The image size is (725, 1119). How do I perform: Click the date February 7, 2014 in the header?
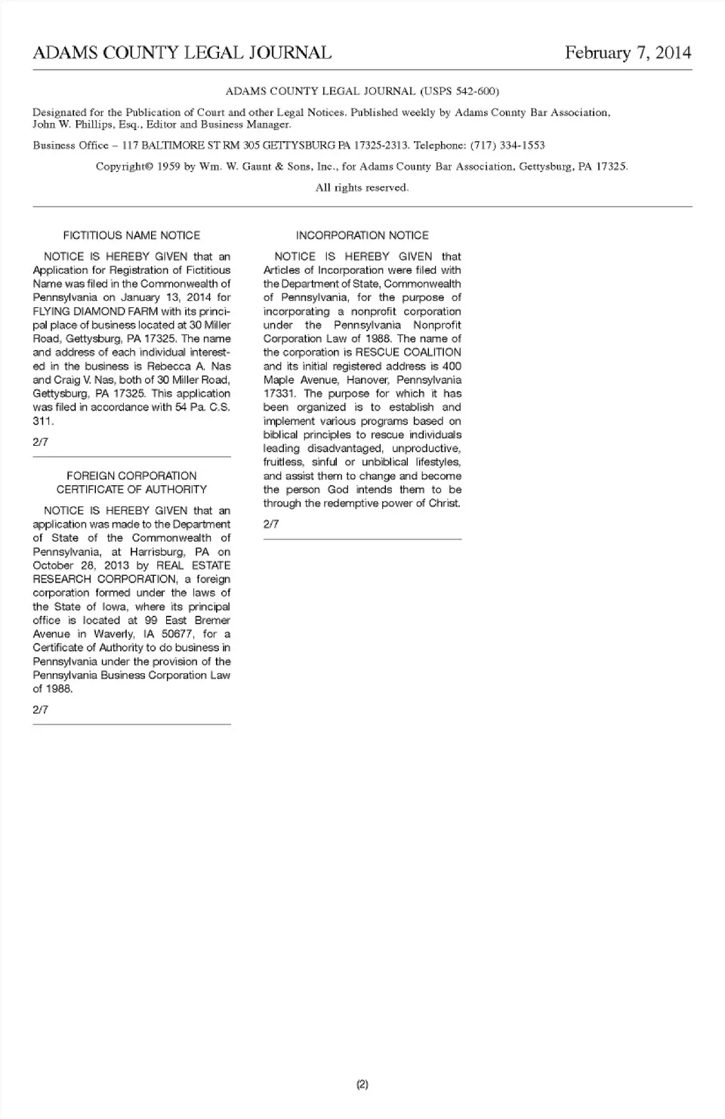[x=628, y=53]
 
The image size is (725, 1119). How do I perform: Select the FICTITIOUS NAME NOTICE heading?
[x=131, y=235]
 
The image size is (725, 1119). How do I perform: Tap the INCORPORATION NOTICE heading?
[x=362, y=235]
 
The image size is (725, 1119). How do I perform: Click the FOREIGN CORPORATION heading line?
[x=131, y=476]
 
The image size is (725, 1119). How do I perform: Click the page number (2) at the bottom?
[x=362, y=1085]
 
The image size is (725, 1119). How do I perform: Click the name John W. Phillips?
[x=72, y=125]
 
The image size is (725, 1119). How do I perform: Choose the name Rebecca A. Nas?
[x=189, y=366]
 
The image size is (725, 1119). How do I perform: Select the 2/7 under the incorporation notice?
[x=271, y=524]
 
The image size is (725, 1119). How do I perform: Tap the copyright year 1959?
[x=168, y=167]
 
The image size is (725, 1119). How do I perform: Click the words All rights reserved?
[x=362, y=188]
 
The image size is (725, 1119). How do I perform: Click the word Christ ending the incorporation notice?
[x=444, y=503]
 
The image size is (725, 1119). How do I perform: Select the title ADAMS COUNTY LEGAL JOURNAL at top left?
[x=182, y=53]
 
